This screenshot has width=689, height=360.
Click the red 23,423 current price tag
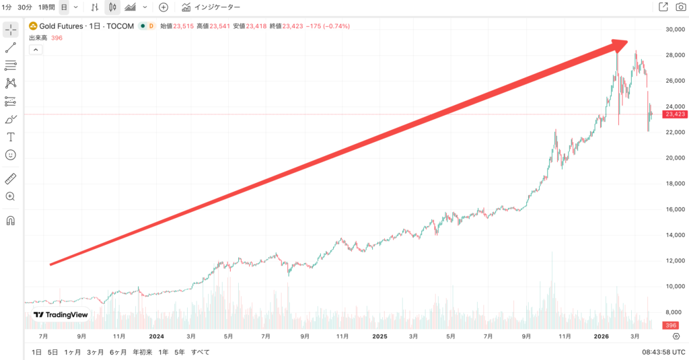[674, 114]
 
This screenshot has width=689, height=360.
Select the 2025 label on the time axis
[380, 336]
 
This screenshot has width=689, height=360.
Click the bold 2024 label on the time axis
[156, 336]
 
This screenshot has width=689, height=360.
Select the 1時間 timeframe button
[46, 7]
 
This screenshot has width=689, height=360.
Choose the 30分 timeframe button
[25, 7]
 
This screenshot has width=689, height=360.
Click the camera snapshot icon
[680, 7]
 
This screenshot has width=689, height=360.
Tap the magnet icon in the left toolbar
[11, 220]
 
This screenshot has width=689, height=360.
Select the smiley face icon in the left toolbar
[11, 155]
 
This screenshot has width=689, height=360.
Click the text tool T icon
[11, 137]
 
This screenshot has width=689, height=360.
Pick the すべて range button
[200, 352]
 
